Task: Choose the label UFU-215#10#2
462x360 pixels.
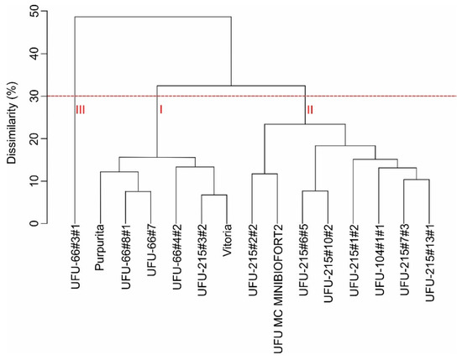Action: tap(328, 266)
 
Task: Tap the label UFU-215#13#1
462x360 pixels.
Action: tap(429, 266)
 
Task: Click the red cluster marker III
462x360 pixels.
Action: tap(81, 109)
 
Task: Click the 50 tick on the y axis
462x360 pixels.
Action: tap(32, 11)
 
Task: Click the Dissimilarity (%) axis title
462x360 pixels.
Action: tap(10, 117)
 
